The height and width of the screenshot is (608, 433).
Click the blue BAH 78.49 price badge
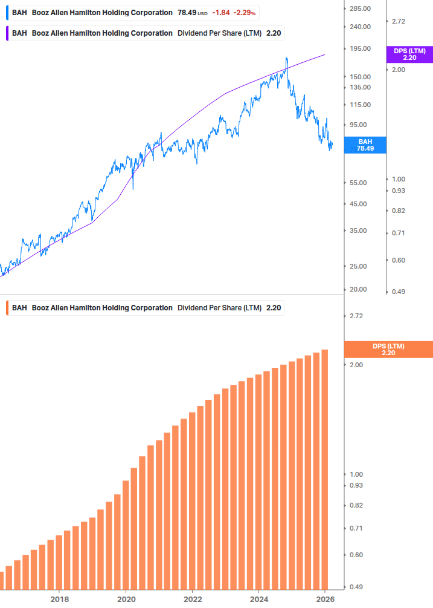(x=365, y=145)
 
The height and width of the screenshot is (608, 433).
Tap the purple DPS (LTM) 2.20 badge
(x=409, y=54)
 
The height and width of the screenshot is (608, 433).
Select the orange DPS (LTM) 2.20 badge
(x=388, y=349)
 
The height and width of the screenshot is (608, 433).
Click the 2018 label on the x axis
(x=59, y=599)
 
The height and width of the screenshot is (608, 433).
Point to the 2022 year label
(x=192, y=599)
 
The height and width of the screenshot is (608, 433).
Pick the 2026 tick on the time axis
(x=325, y=599)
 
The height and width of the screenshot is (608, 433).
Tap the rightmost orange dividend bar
(x=324, y=469)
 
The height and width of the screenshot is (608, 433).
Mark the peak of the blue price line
(x=286, y=58)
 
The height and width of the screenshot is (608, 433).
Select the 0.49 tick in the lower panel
(x=356, y=587)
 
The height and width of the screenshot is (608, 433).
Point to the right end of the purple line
(x=325, y=54)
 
